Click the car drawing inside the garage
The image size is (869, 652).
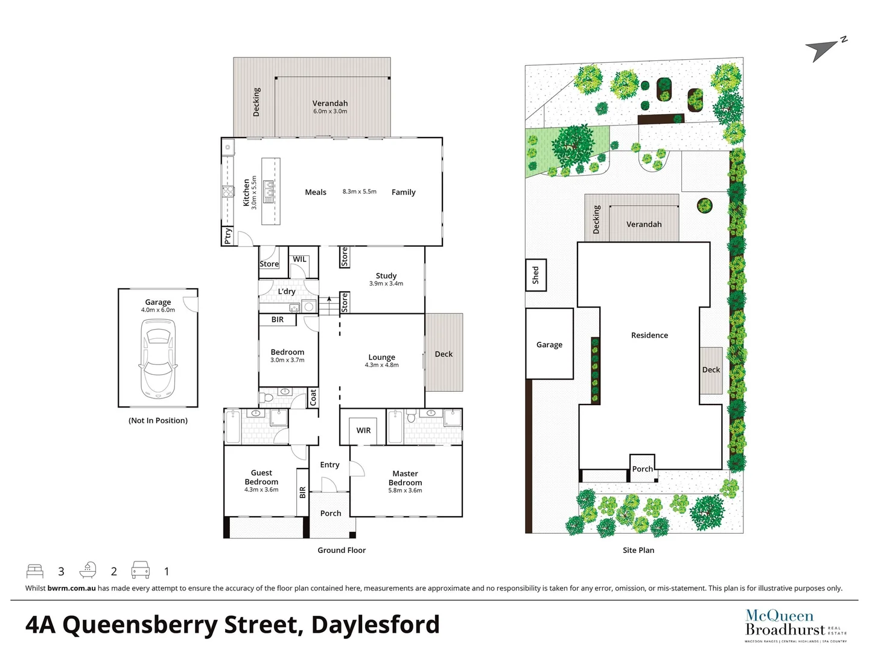point(158,359)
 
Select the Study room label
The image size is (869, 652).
point(386,275)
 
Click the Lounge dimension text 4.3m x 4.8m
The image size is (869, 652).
point(381,365)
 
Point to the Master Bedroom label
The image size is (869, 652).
point(405,478)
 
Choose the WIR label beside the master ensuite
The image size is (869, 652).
point(363,430)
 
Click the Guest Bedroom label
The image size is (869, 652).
point(261,477)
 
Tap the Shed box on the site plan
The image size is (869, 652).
point(535,275)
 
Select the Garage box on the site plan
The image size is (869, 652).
point(549,344)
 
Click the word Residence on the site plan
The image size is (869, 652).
point(649,335)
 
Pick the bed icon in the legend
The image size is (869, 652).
point(35,570)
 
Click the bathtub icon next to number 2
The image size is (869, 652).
point(88,570)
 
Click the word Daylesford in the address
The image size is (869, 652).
point(375,625)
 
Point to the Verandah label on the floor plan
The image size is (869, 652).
point(330,103)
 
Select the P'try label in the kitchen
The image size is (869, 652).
point(228,235)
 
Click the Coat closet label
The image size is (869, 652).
point(313,397)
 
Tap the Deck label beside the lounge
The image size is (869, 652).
point(444,354)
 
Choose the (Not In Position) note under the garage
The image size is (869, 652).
point(158,420)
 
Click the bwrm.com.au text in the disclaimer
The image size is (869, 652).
point(71,588)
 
